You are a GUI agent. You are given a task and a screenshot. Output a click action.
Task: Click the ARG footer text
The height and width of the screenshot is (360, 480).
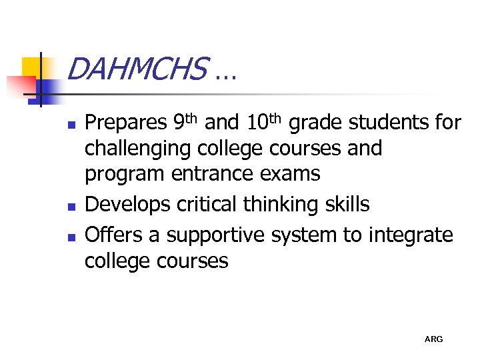click(433, 340)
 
